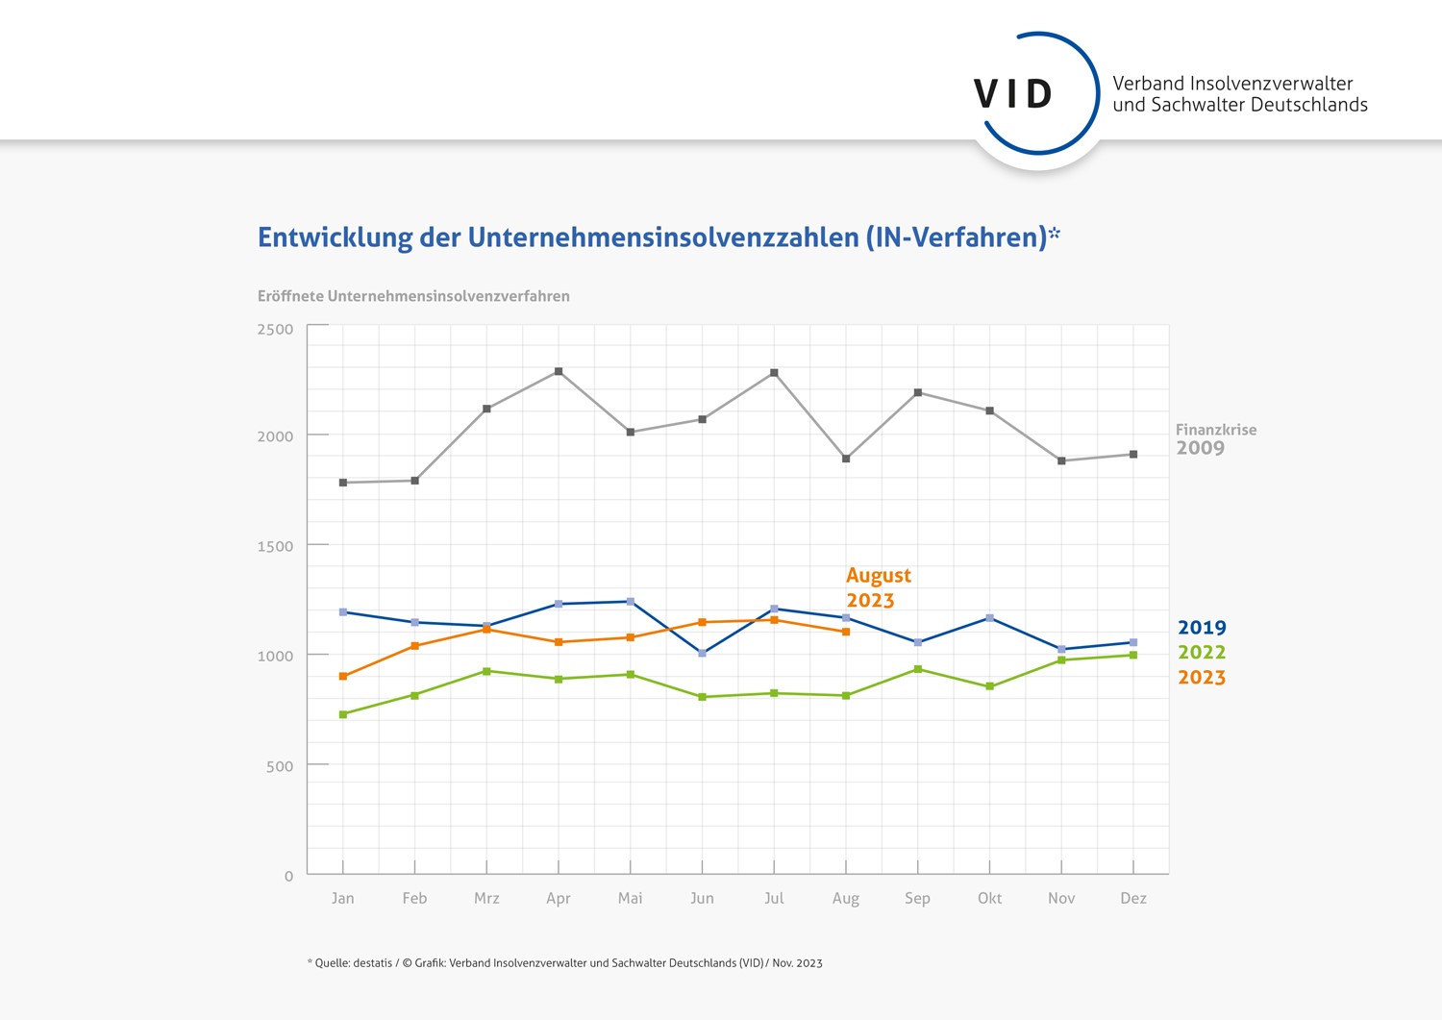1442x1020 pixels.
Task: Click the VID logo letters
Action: [1013, 94]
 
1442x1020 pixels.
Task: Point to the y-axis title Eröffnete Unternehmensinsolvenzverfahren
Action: [413, 296]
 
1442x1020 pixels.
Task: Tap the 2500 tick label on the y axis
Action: [275, 330]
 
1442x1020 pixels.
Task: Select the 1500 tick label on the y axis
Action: [275, 546]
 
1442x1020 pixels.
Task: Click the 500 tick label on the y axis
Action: [279, 766]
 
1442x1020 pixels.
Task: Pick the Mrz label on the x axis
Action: [486, 898]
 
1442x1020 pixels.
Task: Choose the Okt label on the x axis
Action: [989, 898]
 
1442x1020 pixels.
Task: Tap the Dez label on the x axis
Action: [1133, 898]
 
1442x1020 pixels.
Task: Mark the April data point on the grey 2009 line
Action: [559, 371]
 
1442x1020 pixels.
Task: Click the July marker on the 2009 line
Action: [774, 373]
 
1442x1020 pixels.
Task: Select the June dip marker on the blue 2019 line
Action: [703, 653]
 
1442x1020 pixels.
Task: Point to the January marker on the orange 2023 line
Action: [343, 677]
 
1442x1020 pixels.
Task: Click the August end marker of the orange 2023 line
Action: [846, 632]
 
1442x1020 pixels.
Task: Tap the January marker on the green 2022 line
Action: [343, 714]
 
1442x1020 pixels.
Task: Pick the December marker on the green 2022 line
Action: [1133, 656]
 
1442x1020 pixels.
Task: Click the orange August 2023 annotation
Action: [878, 587]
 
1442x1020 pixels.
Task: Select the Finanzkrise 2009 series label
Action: [1215, 439]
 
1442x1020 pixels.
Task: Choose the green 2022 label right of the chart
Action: [1202, 653]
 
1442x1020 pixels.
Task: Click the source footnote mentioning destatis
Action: [564, 962]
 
